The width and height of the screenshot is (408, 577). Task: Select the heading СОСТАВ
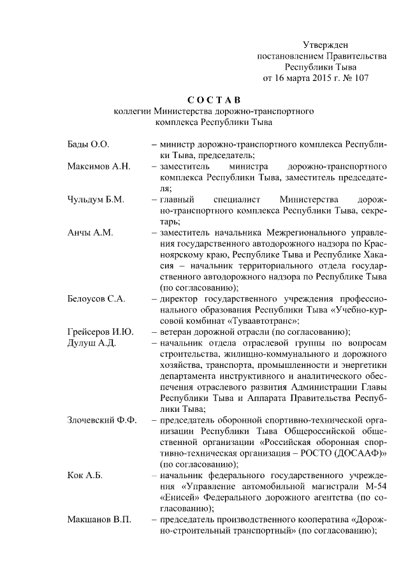click(x=214, y=100)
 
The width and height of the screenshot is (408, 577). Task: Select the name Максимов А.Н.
click(x=99, y=166)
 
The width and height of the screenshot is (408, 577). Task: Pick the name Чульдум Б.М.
click(x=96, y=200)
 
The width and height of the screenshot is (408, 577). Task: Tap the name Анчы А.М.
click(x=90, y=233)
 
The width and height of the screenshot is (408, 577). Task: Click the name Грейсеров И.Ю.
click(x=100, y=332)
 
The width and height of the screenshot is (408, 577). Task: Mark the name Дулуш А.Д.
click(x=91, y=343)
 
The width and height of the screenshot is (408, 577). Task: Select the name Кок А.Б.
click(x=85, y=476)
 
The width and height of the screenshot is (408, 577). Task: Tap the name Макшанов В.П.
click(x=99, y=520)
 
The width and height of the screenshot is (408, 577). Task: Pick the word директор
click(x=182, y=299)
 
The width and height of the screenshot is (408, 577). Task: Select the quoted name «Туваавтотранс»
click(x=264, y=321)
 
